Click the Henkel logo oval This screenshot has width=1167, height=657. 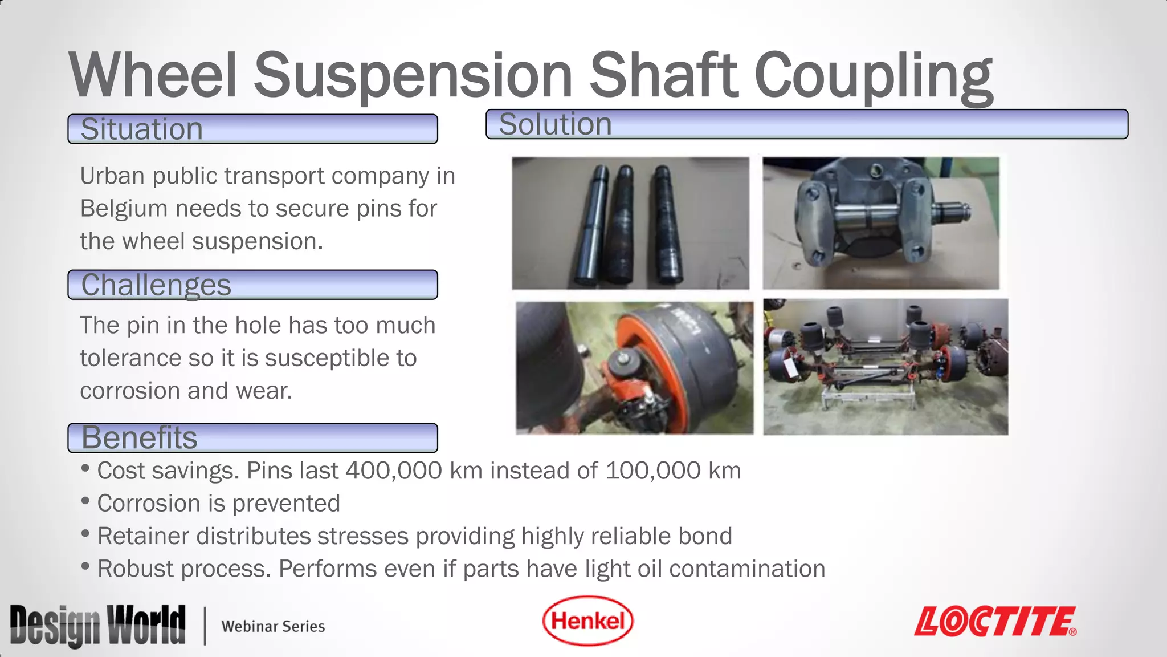pos(587,620)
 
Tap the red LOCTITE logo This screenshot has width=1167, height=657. pos(995,621)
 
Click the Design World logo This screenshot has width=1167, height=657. pos(97,626)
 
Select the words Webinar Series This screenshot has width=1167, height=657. pos(273,626)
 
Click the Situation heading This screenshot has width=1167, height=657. pos(141,129)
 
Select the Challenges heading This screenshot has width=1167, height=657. pos(156,285)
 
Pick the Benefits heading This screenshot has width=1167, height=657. pos(139,437)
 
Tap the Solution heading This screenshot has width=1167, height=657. pos(555,124)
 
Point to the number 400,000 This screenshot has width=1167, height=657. pos(394,471)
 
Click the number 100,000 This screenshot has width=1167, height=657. pos(653,471)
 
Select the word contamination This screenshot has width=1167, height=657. pos(747,569)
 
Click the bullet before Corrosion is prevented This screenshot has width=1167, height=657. pos(85,501)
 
